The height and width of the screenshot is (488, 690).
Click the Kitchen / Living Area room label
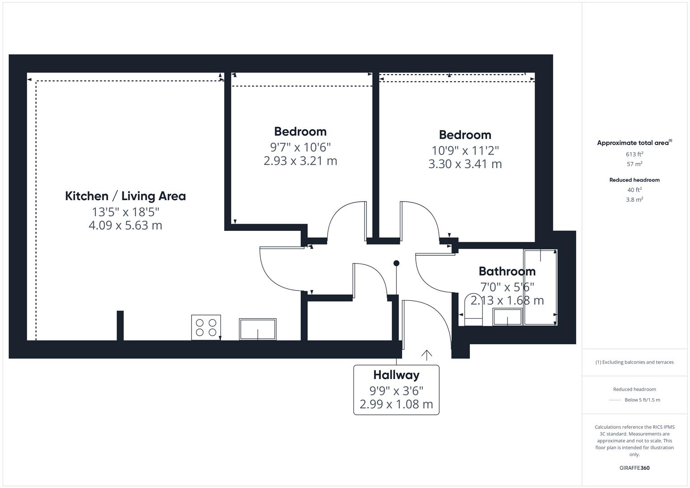[126, 196]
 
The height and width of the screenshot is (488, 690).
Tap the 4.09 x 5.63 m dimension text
[126, 225]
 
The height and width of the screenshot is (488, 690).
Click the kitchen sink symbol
[258, 329]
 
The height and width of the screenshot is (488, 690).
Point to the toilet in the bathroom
[473, 311]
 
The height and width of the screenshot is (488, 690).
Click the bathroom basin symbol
[507, 317]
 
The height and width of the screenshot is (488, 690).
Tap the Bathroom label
[507, 271]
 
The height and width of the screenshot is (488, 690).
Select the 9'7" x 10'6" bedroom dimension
[300, 147]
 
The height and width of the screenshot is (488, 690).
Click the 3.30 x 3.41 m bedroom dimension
[465, 164]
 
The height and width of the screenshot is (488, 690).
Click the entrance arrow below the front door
[427, 355]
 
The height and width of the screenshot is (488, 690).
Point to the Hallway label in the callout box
[396, 375]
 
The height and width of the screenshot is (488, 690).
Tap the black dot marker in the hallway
[396, 263]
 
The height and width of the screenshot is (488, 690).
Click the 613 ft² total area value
[634, 154]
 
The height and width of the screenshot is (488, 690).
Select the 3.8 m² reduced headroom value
[634, 199]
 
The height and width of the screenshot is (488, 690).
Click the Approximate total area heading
[634, 143]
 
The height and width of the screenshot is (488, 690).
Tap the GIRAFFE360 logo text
[634, 468]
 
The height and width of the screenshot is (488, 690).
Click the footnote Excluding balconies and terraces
[634, 362]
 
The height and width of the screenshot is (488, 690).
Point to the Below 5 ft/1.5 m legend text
[642, 400]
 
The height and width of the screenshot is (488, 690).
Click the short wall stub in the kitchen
[120, 325]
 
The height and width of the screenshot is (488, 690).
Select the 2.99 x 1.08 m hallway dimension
[396, 404]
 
